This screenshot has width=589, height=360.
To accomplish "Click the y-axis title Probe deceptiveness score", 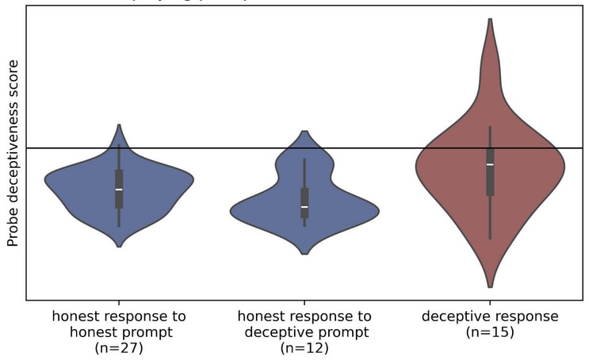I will [x=13, y=153].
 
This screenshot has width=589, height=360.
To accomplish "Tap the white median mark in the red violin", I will [x=490, y=164].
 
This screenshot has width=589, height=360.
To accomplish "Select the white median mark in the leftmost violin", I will [x=119, y=189].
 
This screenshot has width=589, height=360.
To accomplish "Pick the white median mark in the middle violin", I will [x=304, y=206].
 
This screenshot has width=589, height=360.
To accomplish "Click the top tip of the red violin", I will [x=490, y=19].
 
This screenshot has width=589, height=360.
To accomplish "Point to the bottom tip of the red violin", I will [x=490, y=286].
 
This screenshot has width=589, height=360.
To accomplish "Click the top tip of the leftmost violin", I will [x=119, y=125].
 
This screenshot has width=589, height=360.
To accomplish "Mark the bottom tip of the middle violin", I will [x=304, y=254].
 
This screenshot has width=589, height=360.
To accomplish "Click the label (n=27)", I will [x=119, y=347].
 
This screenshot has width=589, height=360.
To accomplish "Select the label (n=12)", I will [x=304, y=347].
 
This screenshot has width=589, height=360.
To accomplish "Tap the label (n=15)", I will [x=490, y=332].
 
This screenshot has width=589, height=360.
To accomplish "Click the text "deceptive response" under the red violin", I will [x=490, y=316].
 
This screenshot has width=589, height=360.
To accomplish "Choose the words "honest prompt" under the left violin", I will [x=119, y=332].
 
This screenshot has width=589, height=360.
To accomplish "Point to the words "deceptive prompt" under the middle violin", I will [x=304, y=332].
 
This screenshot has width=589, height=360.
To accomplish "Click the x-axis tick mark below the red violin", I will [x=490, y=303].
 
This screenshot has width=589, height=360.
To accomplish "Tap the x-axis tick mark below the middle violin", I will [x=304, y=303].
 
